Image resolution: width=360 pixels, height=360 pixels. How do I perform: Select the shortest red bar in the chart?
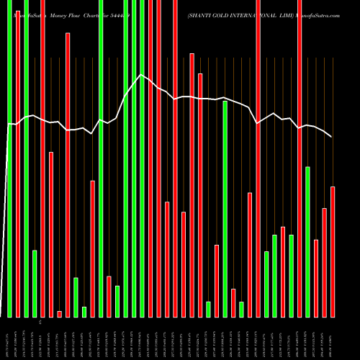pos(59,314)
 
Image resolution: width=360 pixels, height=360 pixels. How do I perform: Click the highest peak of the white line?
pos(142,74)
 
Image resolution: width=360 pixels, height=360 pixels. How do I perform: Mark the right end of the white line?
pos(331,136)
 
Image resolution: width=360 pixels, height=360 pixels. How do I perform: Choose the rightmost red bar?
pos(333,251)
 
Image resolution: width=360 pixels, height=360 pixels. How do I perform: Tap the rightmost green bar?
pos(307,241)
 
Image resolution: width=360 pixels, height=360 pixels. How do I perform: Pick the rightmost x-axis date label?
pos(333,338)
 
